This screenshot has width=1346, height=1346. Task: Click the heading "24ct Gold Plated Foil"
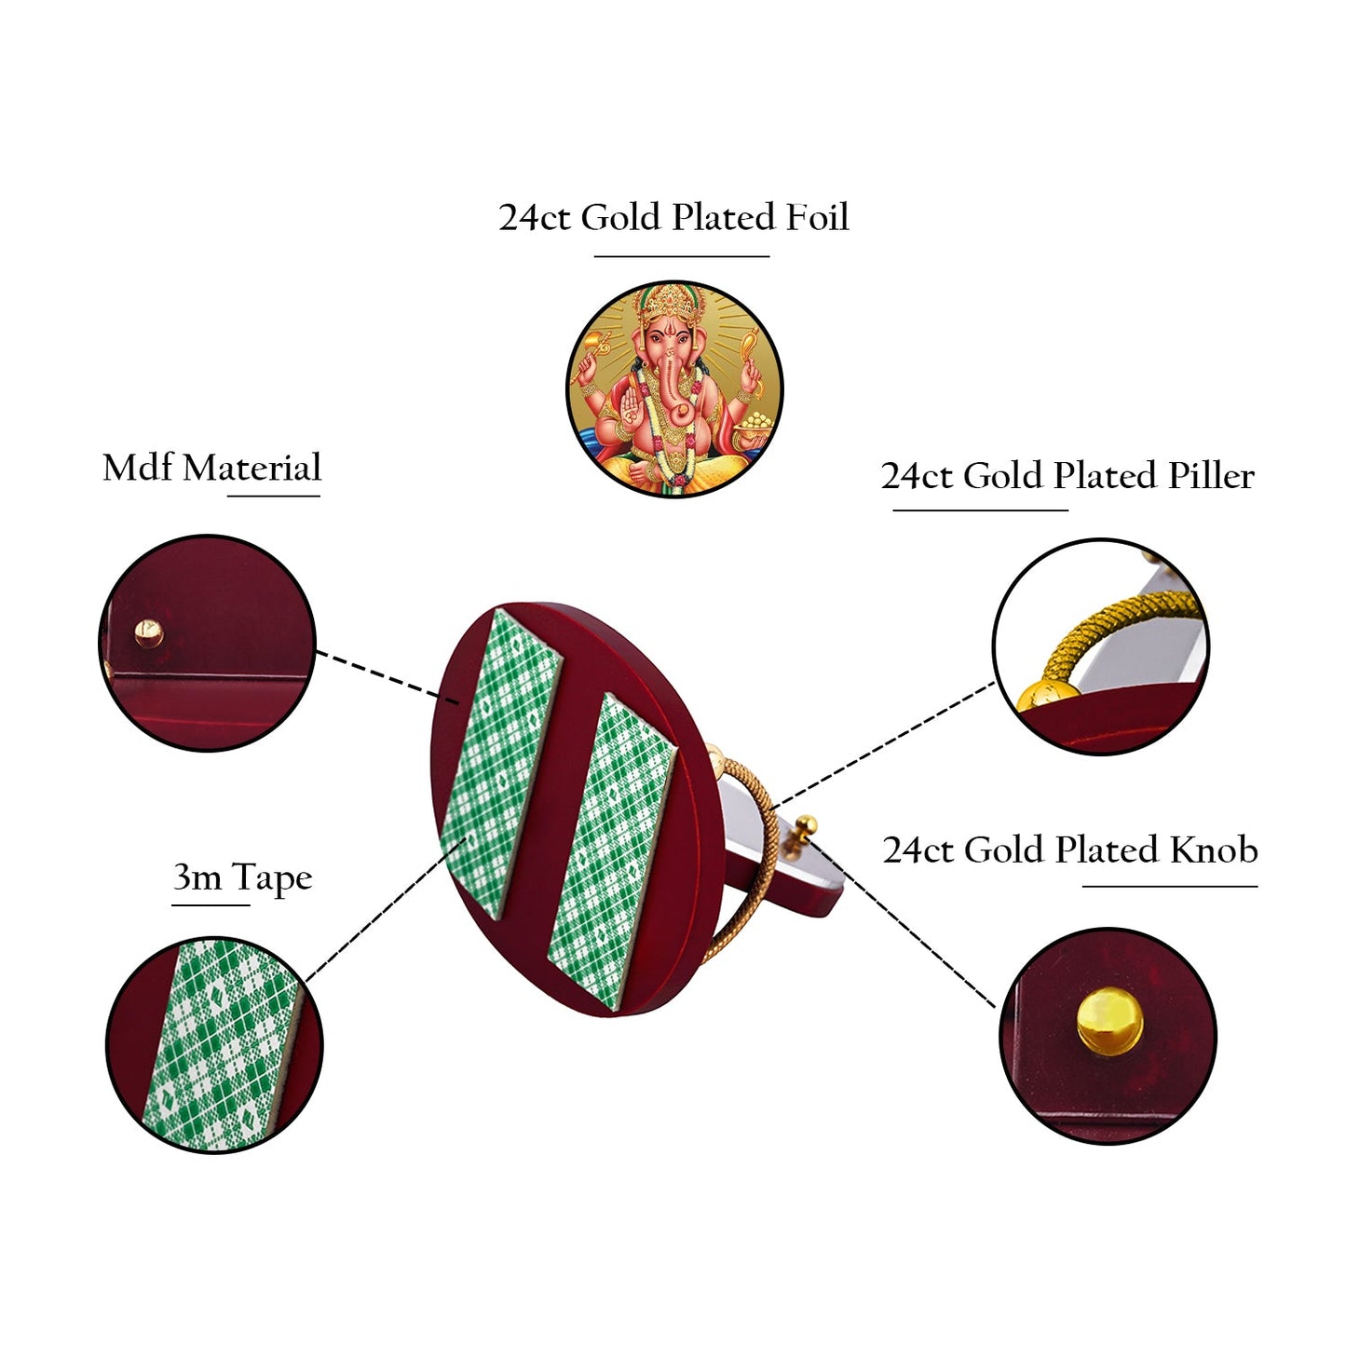click(673, 218)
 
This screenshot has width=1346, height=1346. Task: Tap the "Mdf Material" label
click(211, 468)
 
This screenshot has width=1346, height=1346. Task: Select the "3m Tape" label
click(242, 877)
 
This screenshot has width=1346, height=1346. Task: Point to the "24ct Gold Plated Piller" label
click(1067, 476)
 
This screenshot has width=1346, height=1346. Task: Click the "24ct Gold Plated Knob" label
click(1070, 850)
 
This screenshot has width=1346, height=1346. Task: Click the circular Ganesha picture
click(674, 388)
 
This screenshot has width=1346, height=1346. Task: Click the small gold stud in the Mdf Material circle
click(148, 633)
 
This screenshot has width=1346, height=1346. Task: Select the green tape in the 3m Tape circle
click(220, 1043)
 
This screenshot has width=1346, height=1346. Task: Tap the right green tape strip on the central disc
click(612, 848)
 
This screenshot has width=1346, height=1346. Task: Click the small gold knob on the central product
click(807, 825)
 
